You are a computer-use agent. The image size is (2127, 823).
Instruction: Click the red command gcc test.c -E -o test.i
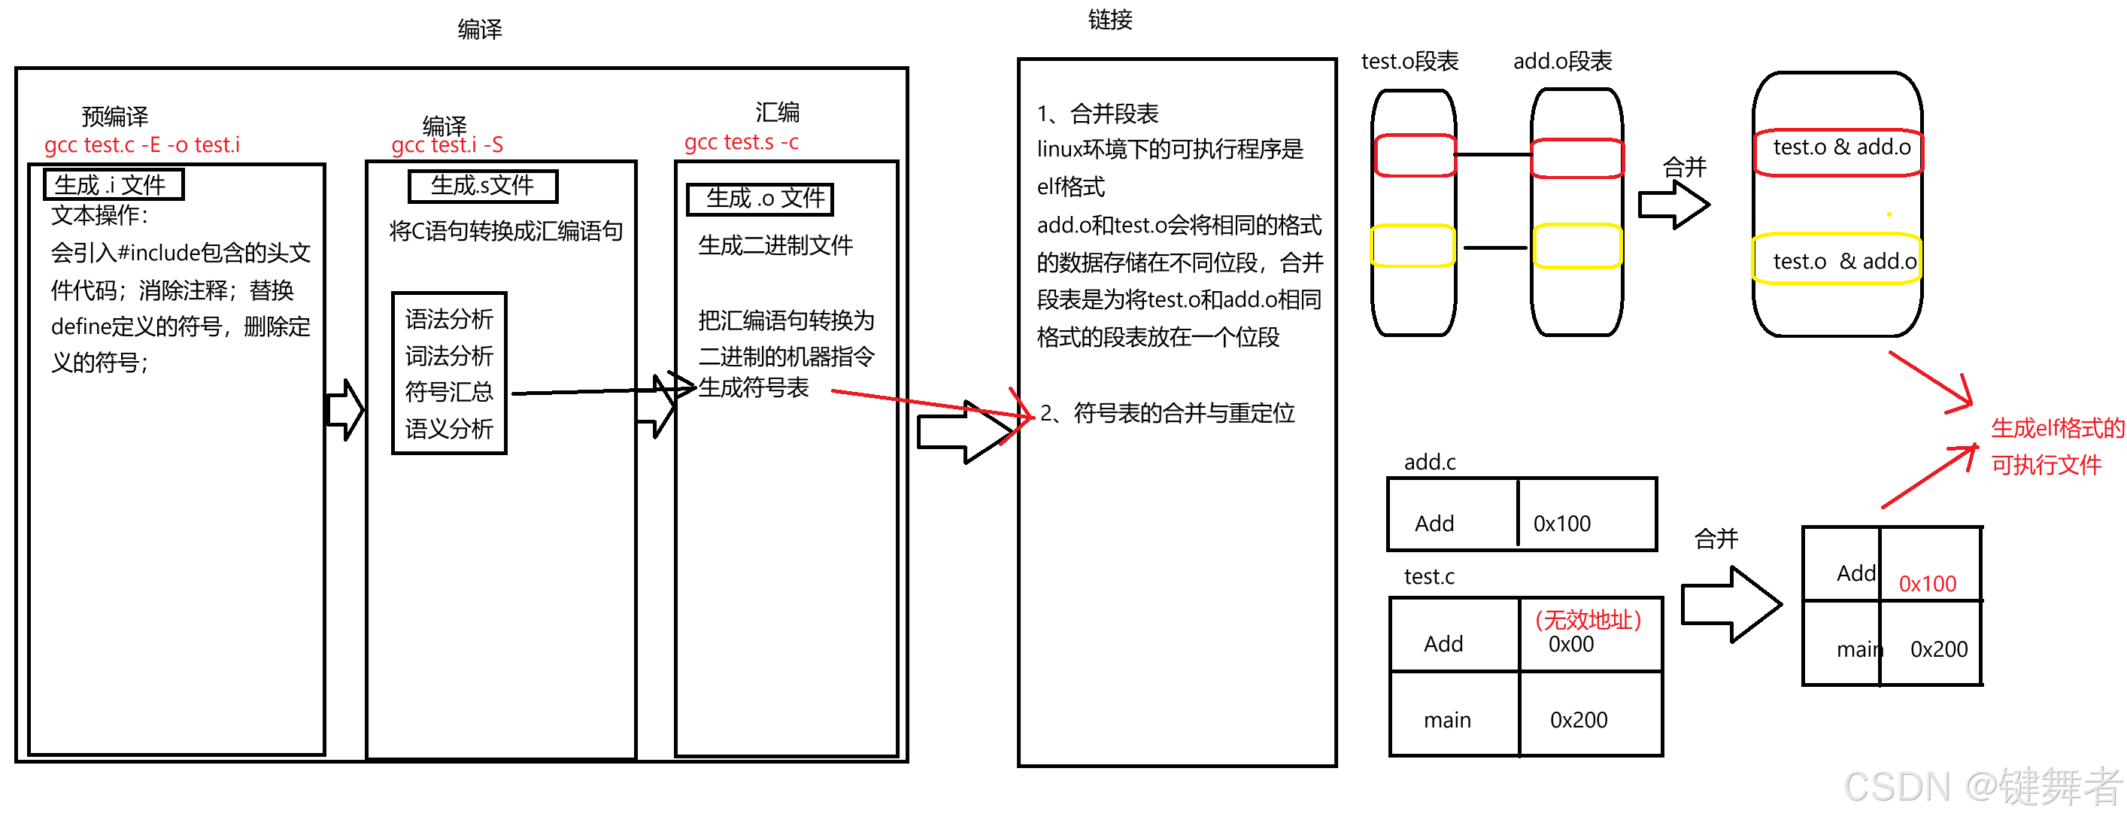142,145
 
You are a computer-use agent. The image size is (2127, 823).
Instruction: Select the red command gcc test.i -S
447,145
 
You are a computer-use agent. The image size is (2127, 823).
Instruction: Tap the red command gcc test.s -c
741,143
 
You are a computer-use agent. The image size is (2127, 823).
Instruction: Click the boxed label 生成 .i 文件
113,184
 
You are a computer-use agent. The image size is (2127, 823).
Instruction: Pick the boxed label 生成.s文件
483,186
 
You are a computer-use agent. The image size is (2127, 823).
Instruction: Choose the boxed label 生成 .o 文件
760,199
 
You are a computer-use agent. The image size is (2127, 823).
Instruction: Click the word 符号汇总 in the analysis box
448,391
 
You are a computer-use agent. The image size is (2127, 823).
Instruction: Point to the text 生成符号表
753,388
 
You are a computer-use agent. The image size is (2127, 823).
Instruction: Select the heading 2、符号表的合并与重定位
1167,413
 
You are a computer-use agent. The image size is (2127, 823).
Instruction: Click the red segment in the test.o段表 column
1413,156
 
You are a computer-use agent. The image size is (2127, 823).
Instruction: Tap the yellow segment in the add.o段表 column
1577,246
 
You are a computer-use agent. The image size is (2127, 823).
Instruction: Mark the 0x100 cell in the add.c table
1561,524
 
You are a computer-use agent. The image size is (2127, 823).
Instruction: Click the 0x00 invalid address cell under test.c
1571,644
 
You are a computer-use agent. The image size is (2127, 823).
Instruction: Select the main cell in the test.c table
1446,720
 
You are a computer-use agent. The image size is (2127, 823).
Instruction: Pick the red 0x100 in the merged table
1927,585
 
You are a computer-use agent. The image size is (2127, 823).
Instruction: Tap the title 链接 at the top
1109,20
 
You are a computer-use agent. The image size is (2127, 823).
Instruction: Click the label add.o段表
1562,61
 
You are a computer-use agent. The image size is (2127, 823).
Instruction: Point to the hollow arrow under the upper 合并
1673,205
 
